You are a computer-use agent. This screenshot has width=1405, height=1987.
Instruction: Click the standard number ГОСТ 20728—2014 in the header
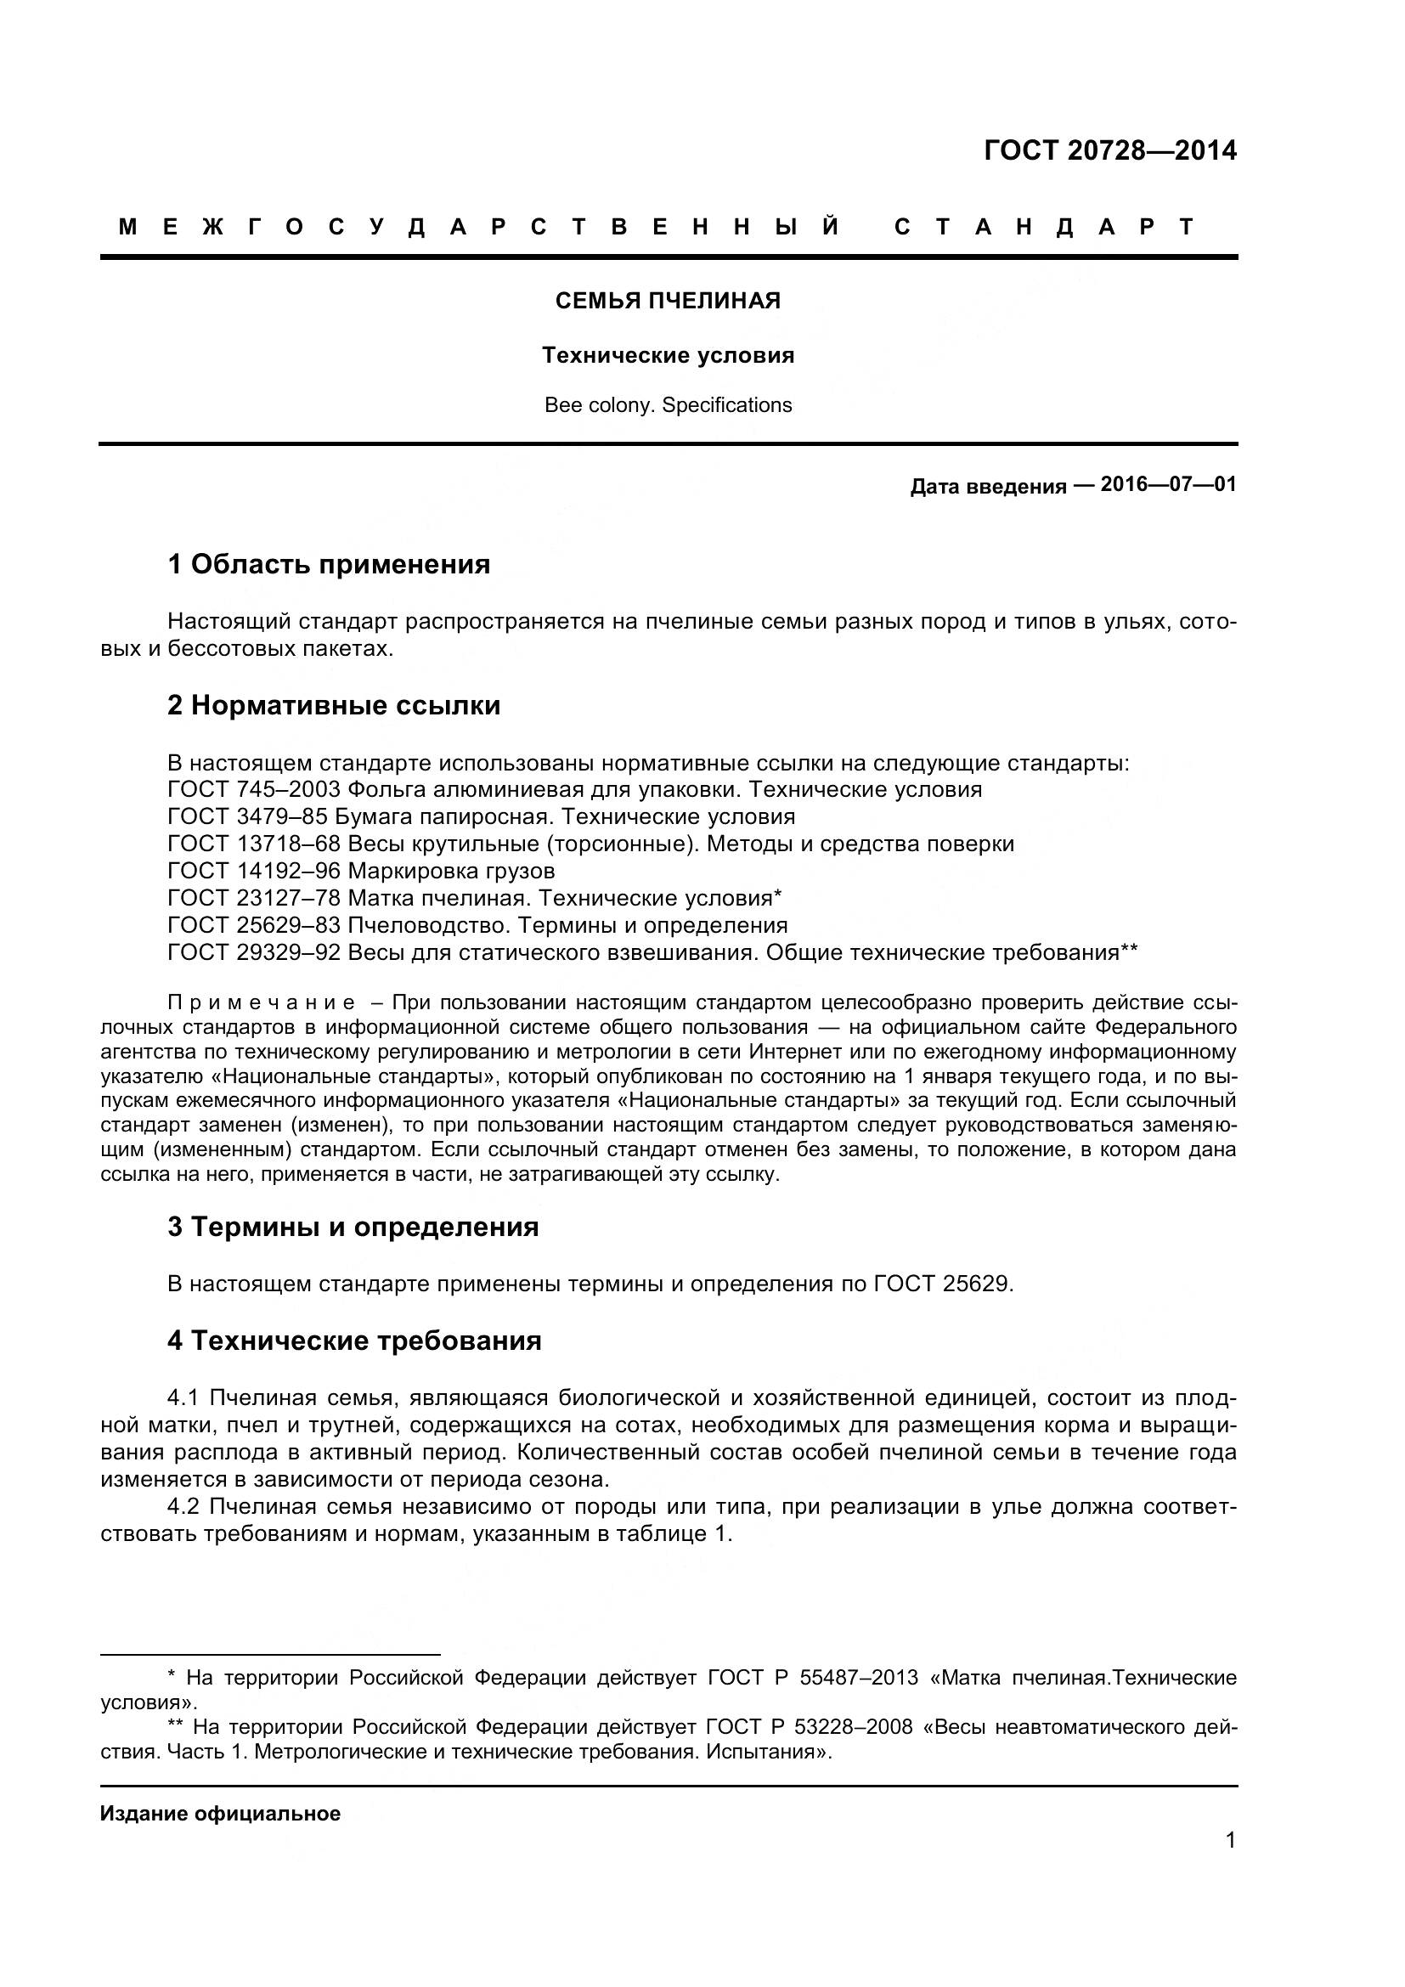pyautogui.click(x=1110, y=150)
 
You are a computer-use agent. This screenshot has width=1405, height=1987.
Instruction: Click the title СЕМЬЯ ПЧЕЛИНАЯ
pyautogui.click(x=667, y=302)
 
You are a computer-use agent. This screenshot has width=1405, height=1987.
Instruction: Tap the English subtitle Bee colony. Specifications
pyautogui.click(x=667, y=405)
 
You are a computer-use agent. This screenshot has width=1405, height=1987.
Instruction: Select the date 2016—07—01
pyautogui.click(x=1168, y=483)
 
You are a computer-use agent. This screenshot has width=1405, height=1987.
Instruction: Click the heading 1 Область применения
pyautogui.click(x=329, y=564)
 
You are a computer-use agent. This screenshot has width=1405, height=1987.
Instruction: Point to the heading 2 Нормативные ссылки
pyautogui.click(x=334, y=705)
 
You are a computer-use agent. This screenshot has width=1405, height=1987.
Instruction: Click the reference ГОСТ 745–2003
pyautogui.click(x=254, y=789)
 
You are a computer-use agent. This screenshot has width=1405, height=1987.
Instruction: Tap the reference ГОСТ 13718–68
pyautogui.click(x=254, y=844)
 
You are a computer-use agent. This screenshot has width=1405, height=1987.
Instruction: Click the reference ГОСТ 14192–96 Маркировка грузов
pyautogui.click(x=361, y=871)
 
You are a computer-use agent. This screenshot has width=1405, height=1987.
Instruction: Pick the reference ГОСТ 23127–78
pyautogui.click(x=254, y=898)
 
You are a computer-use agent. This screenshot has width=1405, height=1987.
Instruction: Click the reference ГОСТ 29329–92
pyautogui.click(x=254, y=953)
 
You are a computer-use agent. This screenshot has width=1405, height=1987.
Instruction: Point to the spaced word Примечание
pyautogui.click(x=261, y=1003)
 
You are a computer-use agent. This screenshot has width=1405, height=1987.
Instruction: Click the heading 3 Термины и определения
pyautogui.click(x=353, y=1228)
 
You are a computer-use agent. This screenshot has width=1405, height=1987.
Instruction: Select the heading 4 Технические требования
pyautogui.click(x=355, y=1341)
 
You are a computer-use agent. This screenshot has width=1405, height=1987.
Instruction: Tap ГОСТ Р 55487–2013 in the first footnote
pyautogui.click(x=812, y=1678)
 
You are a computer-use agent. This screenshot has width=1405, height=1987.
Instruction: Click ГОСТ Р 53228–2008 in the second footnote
pyautogui.click(x=809, y=1727)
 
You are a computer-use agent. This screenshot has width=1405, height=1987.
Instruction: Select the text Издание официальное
pyautogui.click(x=221, y=1814)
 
